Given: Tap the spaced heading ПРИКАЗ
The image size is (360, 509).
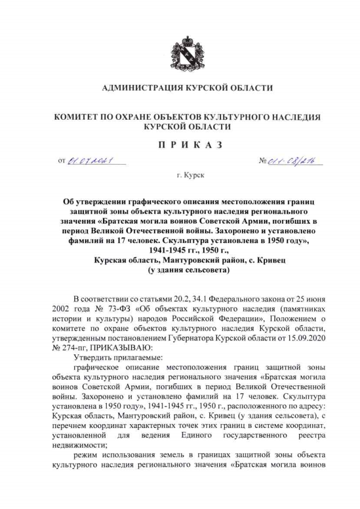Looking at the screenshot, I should [x=180, y=145].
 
